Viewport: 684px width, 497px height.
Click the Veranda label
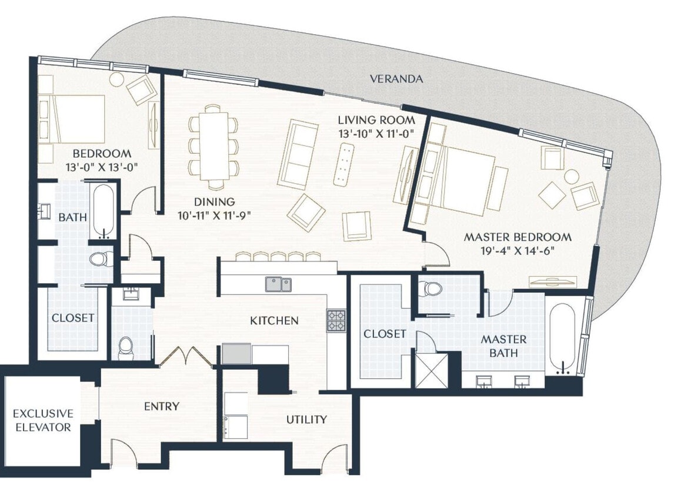pos(396,78)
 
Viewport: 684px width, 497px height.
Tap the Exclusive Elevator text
pos(43,420)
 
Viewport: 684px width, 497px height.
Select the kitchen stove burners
pos(336,320)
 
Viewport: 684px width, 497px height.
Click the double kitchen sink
pos(278,284)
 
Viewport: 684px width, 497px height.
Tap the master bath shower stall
pos(432,370)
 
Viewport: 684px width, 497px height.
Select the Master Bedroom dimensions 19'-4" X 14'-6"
pos(518,251)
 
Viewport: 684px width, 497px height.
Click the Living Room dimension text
pos(376,134)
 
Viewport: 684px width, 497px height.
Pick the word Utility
pos(306,420)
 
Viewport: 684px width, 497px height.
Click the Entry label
pos(161,406)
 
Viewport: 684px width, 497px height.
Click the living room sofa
pos(298,155)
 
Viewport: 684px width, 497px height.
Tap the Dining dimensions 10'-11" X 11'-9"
pos(215,215)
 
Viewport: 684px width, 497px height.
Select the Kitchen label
pos(275,320)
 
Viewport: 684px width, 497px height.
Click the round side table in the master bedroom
pos(572,177)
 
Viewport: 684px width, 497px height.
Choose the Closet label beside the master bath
pos(385,334)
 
